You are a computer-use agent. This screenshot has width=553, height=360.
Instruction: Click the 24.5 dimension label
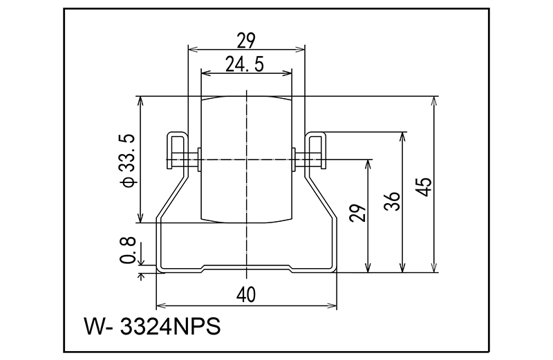point(245,64)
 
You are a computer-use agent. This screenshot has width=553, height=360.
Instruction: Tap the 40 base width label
point(245,295)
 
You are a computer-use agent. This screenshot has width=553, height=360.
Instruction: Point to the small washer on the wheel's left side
point(199,160)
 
